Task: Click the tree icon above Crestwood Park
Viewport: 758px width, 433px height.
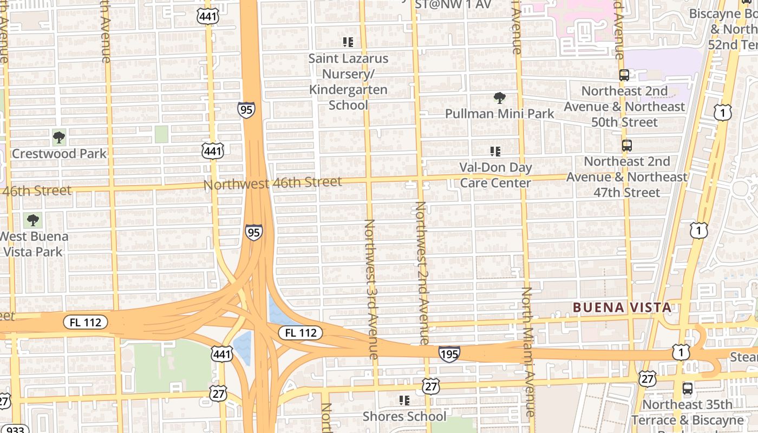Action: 59,137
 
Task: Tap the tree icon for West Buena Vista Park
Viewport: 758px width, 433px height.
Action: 33,220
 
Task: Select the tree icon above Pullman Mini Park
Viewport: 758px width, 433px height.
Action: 500,98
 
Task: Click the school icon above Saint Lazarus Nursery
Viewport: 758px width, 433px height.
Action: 348,42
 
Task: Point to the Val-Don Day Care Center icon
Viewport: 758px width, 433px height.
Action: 495,152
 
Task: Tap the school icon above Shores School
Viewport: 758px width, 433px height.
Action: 404,401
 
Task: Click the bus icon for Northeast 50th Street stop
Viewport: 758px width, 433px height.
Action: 624,75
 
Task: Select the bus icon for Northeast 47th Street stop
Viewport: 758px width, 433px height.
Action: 626,146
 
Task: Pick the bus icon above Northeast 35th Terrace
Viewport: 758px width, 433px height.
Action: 687,388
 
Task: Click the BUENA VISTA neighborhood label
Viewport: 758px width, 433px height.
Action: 622,307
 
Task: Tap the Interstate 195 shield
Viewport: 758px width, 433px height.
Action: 449,354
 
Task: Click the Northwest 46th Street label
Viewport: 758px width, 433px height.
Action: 273,183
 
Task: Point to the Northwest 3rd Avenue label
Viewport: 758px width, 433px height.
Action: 371,289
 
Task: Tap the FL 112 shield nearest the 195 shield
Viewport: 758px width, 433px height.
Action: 300,332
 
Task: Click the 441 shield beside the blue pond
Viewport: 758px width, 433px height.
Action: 222,354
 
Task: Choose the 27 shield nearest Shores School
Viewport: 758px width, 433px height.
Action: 431,386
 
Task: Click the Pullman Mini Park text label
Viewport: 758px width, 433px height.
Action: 499,114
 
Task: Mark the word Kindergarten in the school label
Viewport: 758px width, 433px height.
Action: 348,89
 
